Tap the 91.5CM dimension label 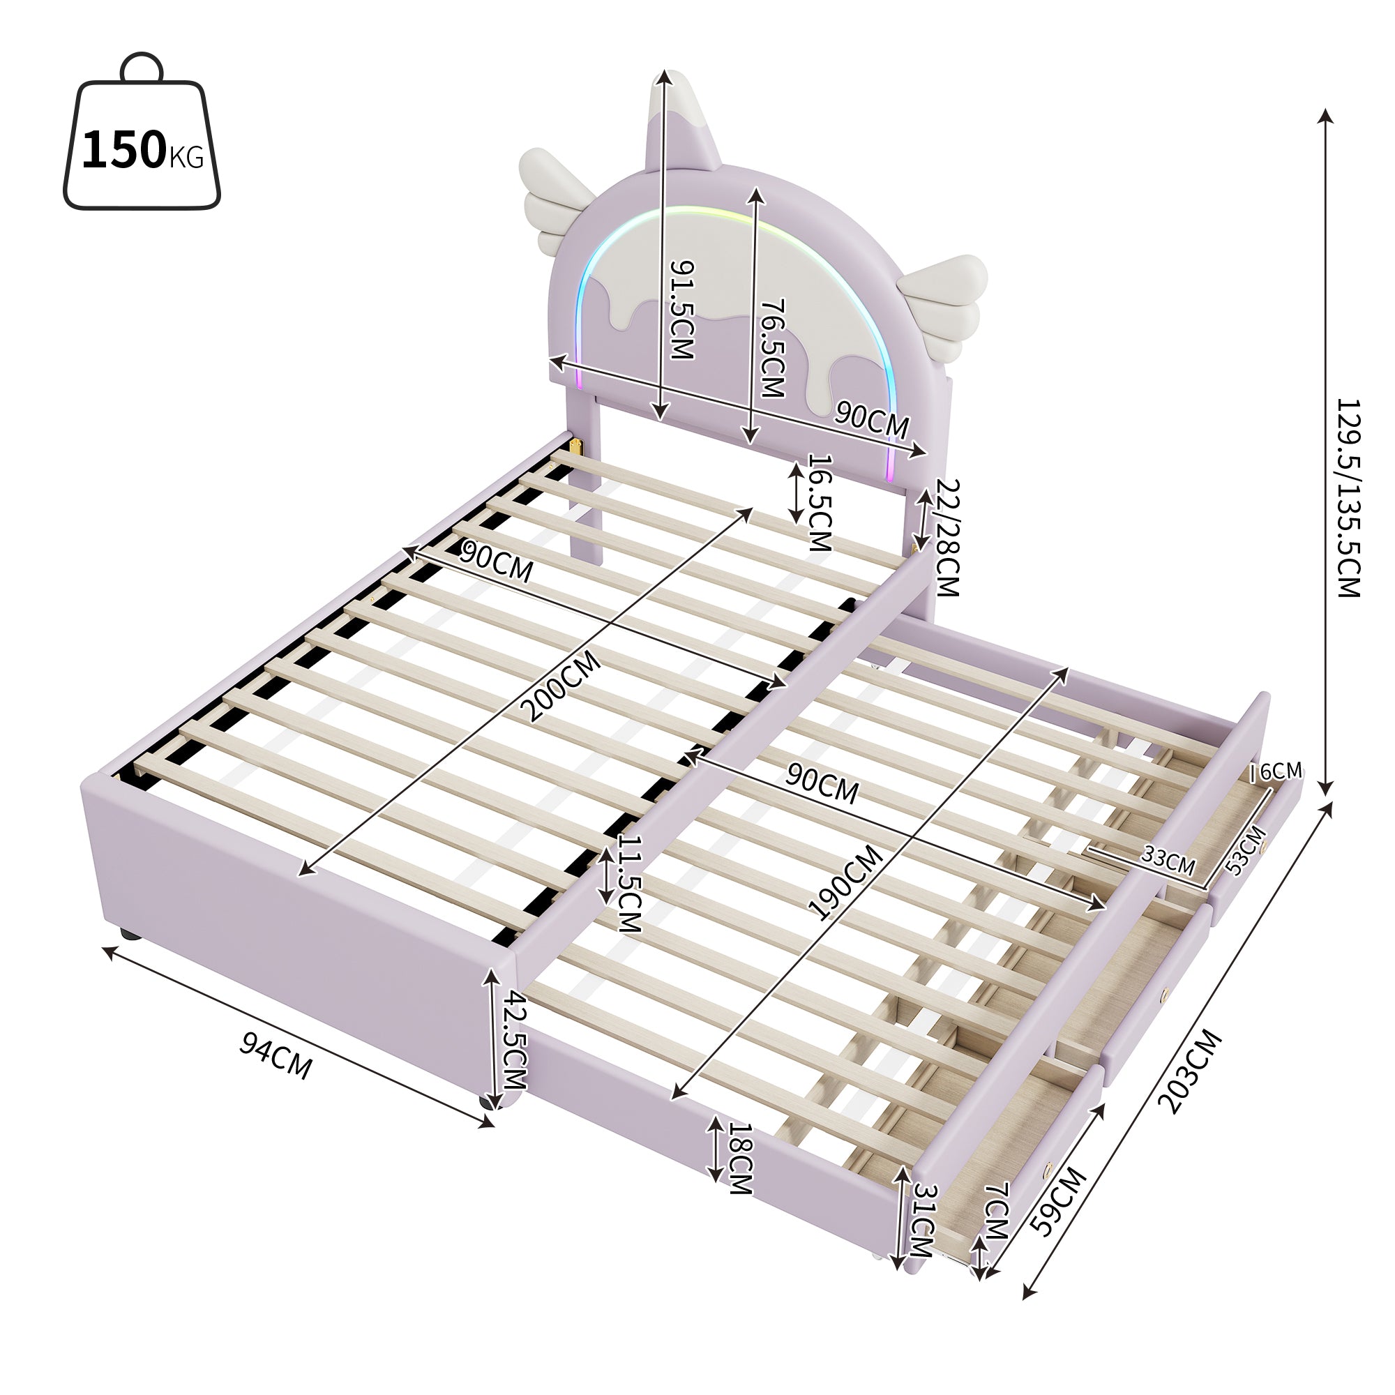pos(681,310)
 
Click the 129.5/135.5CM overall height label pos(1348,497)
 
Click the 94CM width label pos(276,1055)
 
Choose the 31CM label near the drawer pos(923,1219)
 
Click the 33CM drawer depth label pos(1168,860)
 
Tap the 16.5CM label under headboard pos(819,502)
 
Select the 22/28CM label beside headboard pos(947,537)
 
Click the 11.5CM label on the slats pos(630,884)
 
